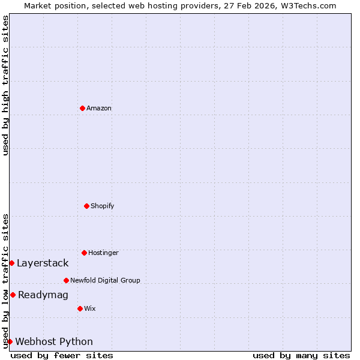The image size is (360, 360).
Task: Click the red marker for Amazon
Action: (x=82, y=108)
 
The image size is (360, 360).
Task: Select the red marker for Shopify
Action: (x=86, y=206)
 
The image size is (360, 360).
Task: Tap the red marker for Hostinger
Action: (x=84, y=253)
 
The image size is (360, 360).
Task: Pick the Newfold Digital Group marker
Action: (x=66, y=280)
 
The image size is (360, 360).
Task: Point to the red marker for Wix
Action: (x=80, y=308)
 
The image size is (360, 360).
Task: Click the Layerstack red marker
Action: (x=11, y=263)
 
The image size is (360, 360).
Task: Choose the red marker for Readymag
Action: (x=13, y=295)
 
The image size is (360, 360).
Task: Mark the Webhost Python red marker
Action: (x=10, y=341)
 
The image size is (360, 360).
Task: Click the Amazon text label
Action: (x=99, y=109)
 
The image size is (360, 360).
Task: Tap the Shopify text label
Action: (x=103, y=206)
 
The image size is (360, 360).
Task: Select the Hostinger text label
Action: (x=103, y=253)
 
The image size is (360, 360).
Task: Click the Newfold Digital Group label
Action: (x=105, y=281)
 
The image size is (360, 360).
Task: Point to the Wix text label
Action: (x=90, y=309)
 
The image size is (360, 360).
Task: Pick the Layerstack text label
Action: (x=43, y=263)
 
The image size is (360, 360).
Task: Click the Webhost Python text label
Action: (x=54, y=342)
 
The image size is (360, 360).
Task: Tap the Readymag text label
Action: (x=43, y=295)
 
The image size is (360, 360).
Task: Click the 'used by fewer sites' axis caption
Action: (x=62, y=356)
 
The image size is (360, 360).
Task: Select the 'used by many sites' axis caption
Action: (x=301, y=356)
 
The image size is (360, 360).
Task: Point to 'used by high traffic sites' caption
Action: (x=5, y=85)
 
